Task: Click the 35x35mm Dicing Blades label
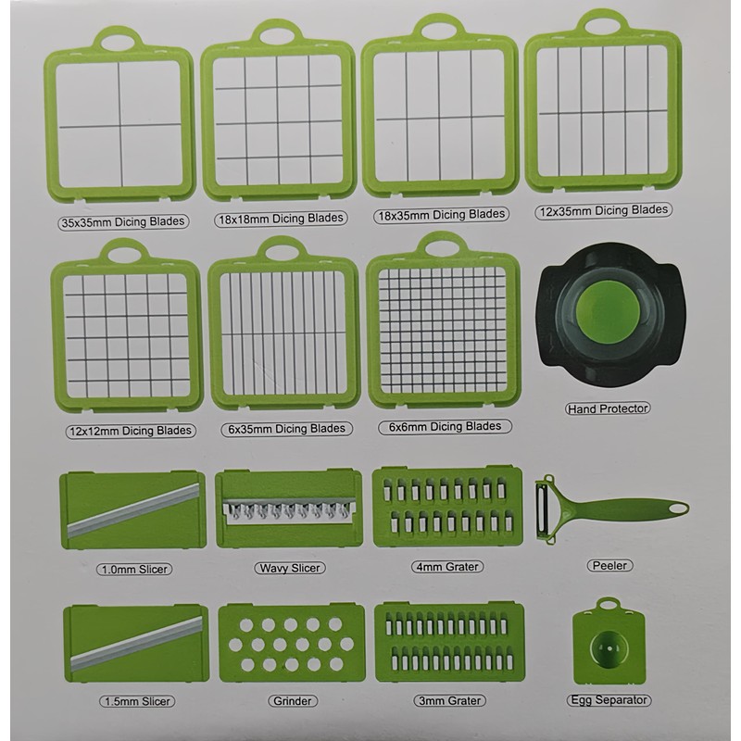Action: pos(121,221)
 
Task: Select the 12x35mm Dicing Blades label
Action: pos(603,210)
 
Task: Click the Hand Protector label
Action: pos(608,408)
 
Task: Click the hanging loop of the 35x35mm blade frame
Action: pos(117,40)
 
